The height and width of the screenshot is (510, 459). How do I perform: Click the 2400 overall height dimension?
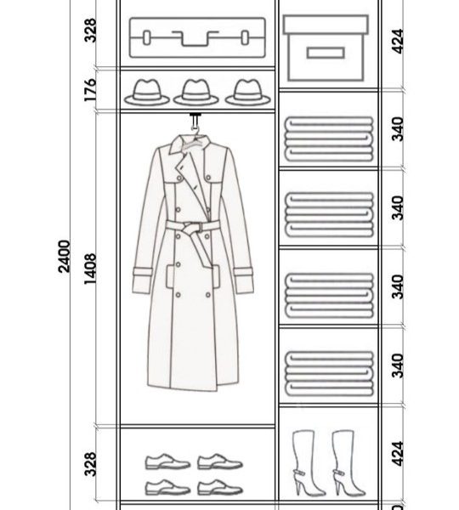coord(64,256)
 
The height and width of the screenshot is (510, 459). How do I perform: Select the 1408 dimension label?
coord(90,269)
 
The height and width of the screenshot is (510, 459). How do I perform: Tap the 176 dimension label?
coord(90,89)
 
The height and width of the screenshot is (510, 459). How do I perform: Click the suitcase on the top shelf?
coord(197,37)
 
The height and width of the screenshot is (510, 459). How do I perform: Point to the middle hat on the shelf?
coord(195,93)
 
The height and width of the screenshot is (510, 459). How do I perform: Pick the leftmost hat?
coord(147,93)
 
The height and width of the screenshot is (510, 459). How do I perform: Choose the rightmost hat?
coord(248,93)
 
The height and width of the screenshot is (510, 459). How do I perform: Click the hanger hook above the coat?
coord(195,123)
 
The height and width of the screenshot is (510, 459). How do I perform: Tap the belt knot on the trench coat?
coord(192,227)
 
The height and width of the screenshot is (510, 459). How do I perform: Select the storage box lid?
coord(326,25)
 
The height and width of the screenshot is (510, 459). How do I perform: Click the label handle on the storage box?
coord(326,53)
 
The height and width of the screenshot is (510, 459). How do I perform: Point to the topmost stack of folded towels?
coord(329,139)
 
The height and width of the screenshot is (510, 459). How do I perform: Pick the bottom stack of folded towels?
coord(329,373)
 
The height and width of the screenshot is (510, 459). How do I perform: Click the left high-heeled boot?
coord(308,463)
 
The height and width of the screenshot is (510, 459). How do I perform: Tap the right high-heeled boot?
coord(348,463)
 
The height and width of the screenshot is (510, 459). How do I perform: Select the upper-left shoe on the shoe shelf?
coord(167,462)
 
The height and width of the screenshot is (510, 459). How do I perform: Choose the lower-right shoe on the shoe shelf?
coord(220,487)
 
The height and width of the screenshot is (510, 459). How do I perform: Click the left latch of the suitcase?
coord(147,37)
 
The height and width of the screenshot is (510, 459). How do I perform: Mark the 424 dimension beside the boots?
coord(398,454)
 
